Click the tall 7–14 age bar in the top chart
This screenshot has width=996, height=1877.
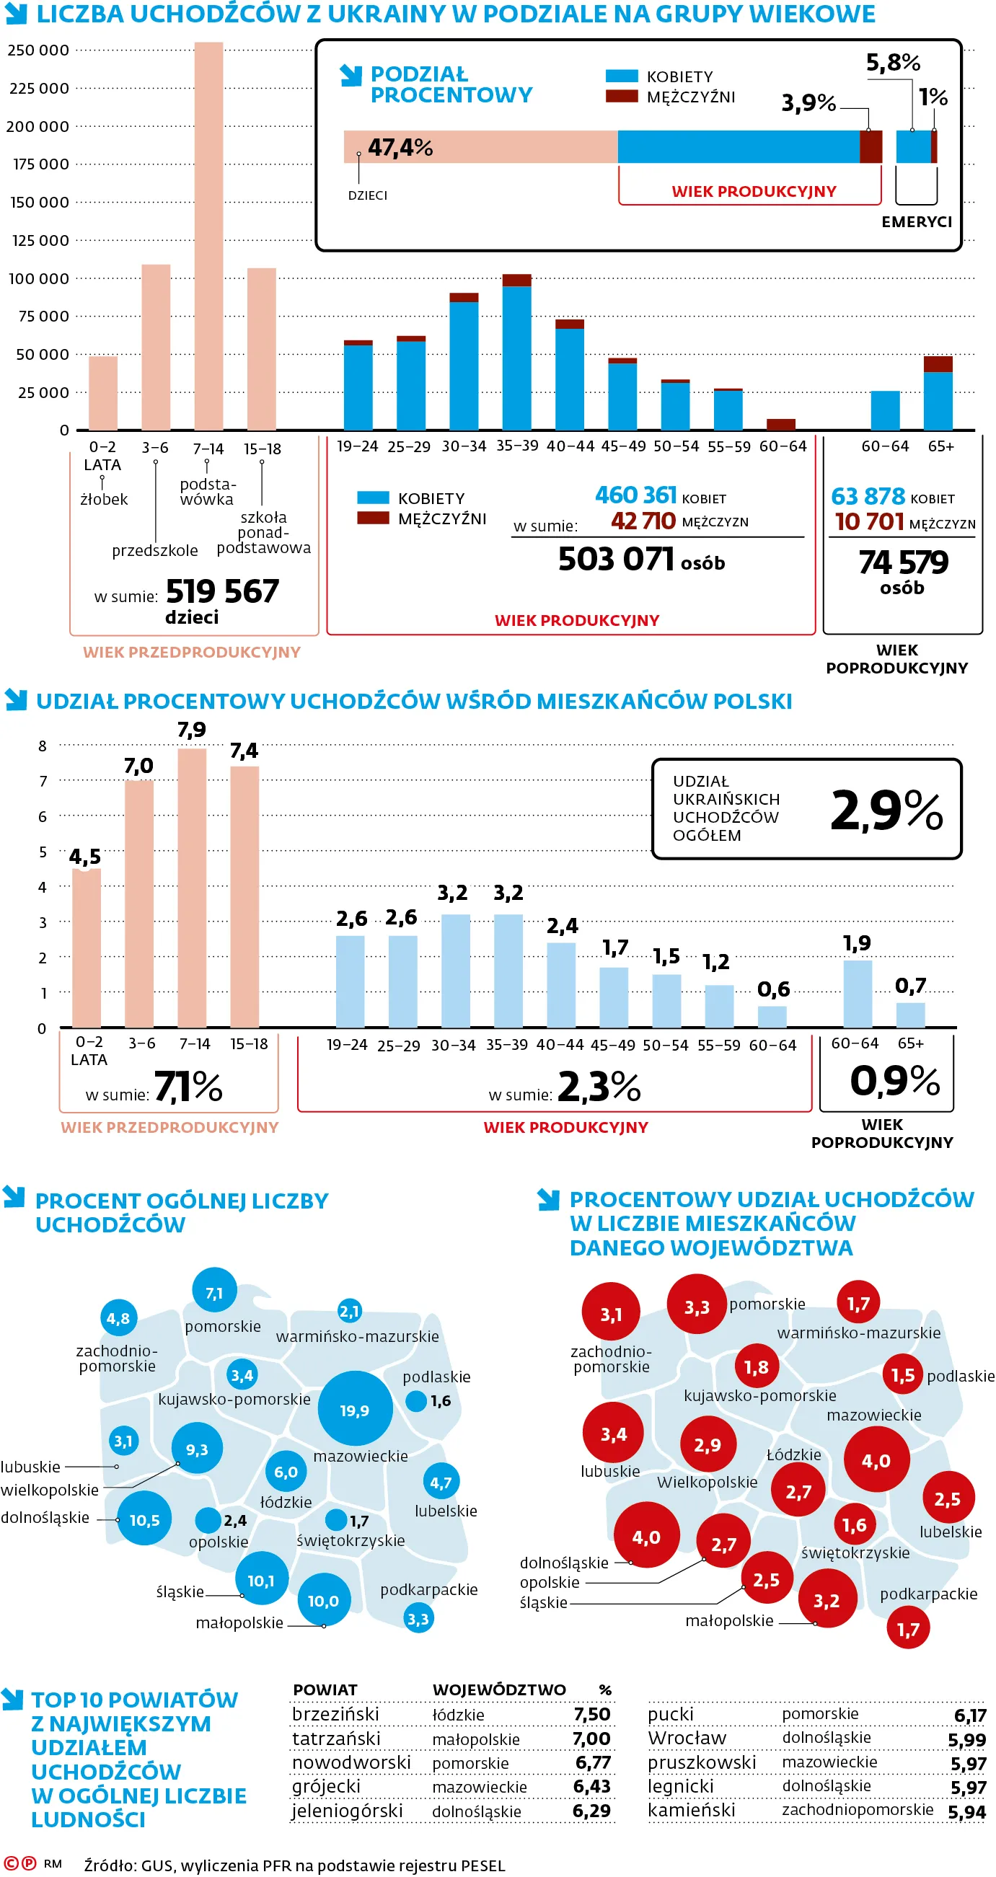pos(208,236)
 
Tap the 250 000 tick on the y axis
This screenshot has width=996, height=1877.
pos(38,50)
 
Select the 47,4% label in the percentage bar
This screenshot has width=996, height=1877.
pos(400,147)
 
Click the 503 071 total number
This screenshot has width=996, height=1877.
pos(616,560)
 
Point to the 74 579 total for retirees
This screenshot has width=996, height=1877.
pos(904,562)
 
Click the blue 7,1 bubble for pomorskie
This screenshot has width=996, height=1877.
pos(214,1292)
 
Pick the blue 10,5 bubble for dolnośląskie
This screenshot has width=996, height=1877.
pos(144,1519)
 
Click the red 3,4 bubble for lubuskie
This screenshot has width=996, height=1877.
pos(614,1434)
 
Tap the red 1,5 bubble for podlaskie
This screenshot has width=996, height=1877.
pos(903,1374)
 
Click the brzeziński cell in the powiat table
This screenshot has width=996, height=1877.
pos(335,1714)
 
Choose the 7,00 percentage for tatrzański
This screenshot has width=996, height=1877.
pos(591,1739)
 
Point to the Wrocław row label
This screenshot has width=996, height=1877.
pos(687,1738)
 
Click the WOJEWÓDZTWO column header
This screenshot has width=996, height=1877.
pos(499,1689)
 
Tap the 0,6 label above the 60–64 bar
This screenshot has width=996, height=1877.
pos(773,989)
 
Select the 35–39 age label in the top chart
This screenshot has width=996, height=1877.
pos(516,445)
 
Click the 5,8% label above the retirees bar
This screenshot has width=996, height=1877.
pos(894,62)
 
